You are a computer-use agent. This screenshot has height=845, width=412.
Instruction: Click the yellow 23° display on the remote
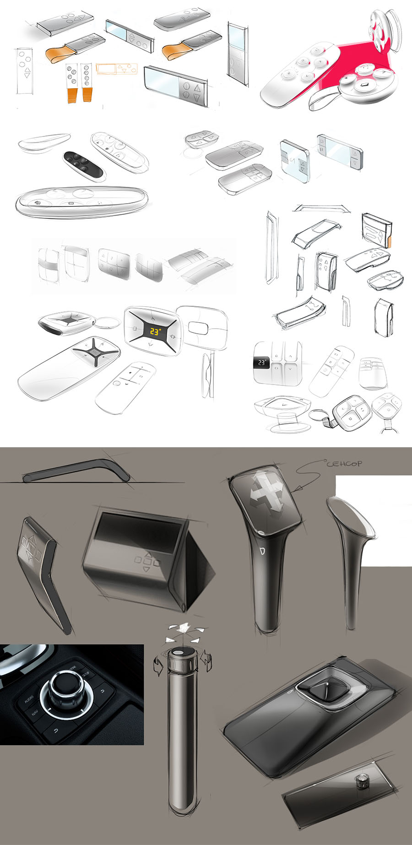click(155, 331)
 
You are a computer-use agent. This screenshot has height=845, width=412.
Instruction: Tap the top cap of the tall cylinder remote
click(182, 654)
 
